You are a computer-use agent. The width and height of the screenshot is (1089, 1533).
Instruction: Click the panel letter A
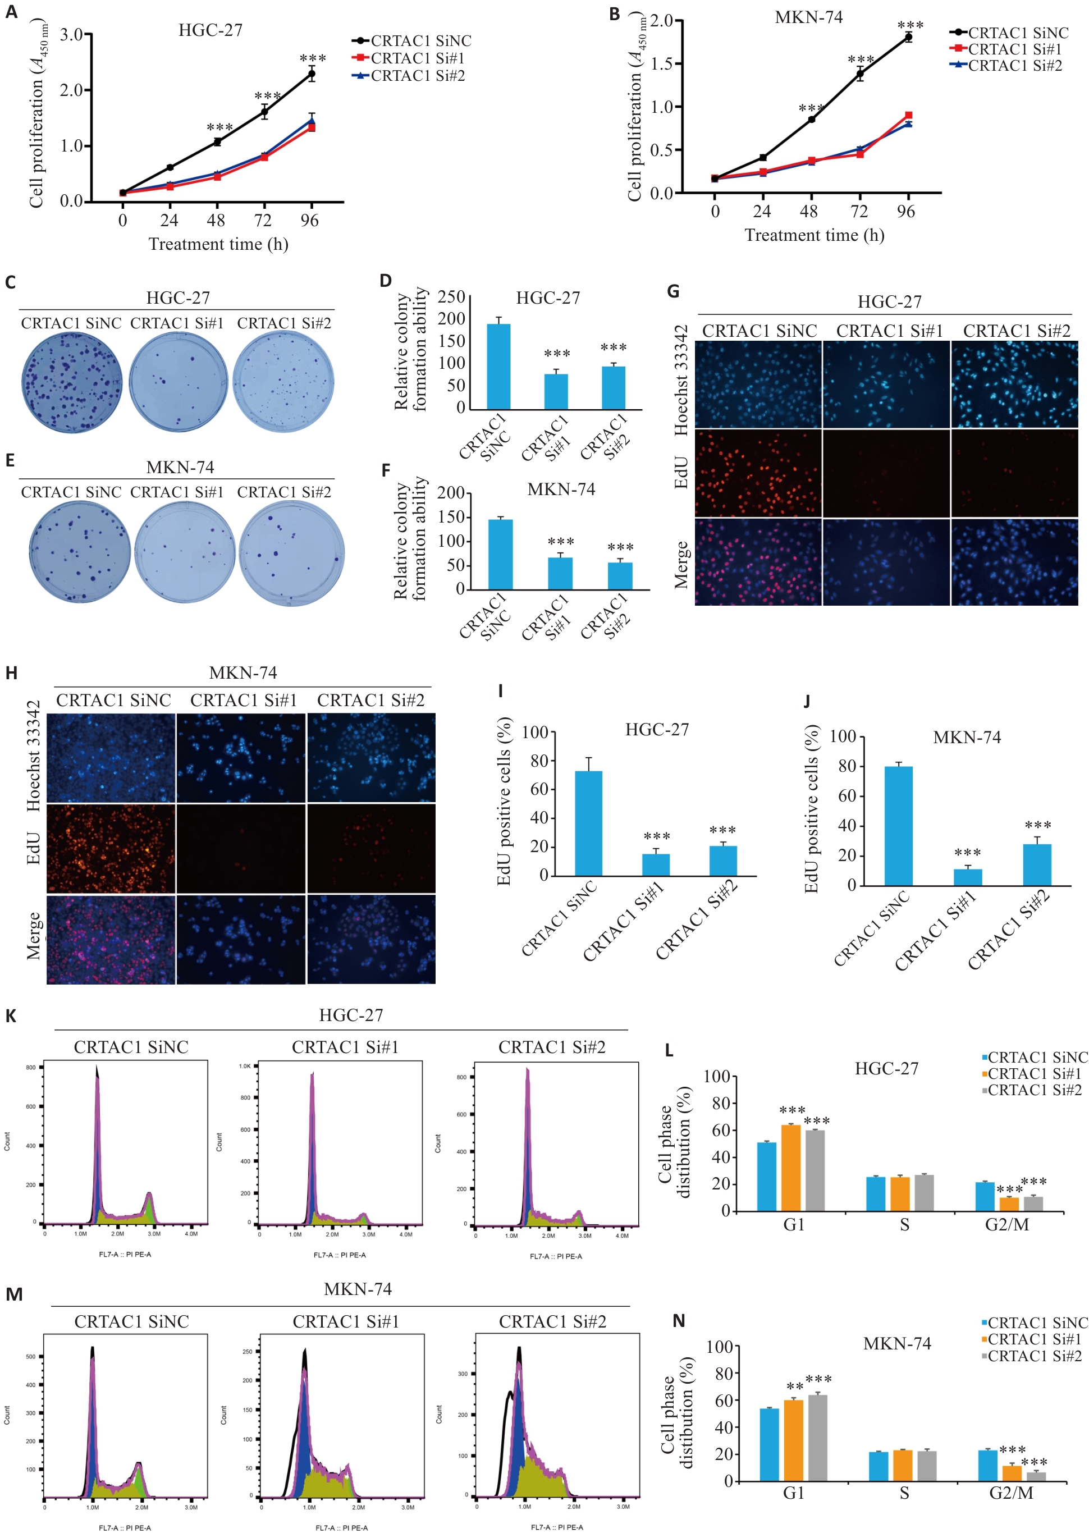click(11, 12)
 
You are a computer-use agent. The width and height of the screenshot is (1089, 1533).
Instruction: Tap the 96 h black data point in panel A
click(311, 75)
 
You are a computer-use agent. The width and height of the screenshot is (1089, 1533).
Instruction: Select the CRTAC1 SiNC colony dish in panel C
click(72, 383)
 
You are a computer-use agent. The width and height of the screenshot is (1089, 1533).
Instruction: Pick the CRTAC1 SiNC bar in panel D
click(498, 366)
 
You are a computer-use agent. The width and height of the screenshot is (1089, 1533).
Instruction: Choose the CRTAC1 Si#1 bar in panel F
click(560, 573)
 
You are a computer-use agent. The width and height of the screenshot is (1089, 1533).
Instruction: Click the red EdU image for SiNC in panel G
click(758, 473)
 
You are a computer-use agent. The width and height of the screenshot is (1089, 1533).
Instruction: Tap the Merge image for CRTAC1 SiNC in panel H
click(111, 940)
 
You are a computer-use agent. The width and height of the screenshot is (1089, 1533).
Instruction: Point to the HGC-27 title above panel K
click(351, 1015)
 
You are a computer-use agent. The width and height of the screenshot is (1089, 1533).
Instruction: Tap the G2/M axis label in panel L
click(1006, 1224)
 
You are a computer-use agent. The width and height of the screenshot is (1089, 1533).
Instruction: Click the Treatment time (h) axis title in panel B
click(814, 235)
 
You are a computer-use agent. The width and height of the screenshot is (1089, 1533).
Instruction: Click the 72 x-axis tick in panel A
click(263, 221)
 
